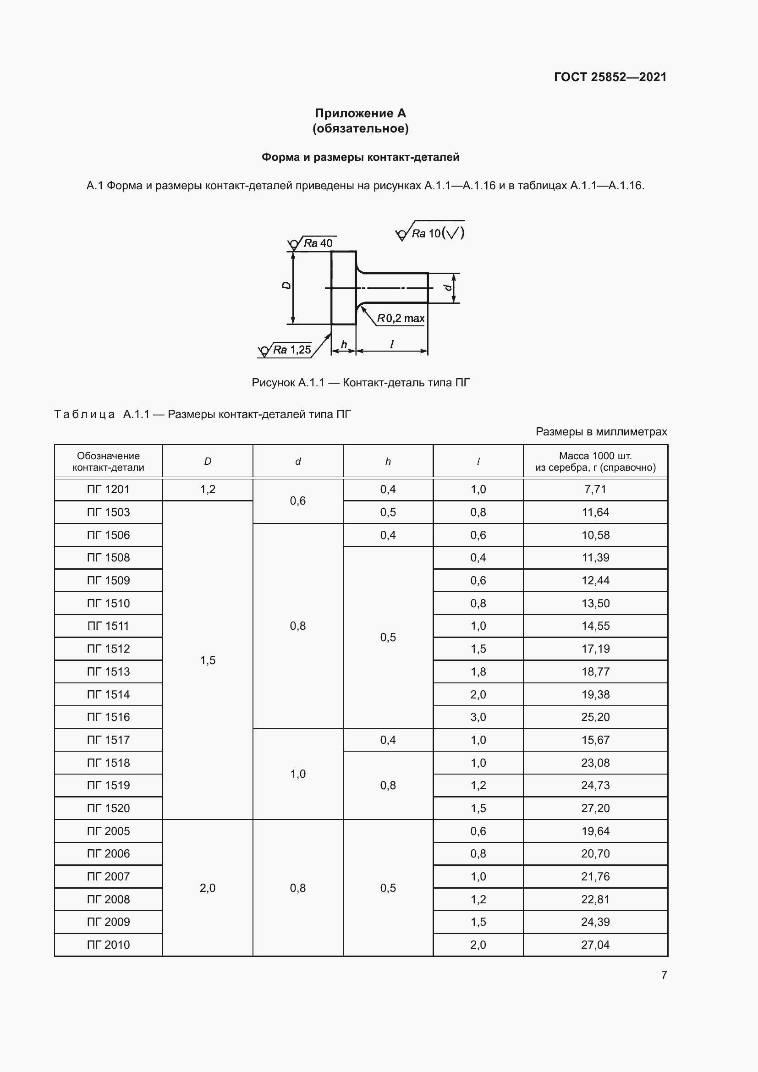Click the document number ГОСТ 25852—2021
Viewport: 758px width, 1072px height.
(x=610, y=77)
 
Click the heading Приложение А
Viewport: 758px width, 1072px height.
(x=360, y=114)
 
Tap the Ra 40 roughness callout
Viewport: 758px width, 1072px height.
(x=318, y=243)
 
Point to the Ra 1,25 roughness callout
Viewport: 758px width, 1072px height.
(x=291, y=350)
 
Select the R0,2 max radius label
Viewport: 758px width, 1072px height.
(x=401, y=319)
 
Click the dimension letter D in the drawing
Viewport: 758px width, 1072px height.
(x=286, y=285)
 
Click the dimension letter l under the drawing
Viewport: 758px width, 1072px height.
(x=391, y=344)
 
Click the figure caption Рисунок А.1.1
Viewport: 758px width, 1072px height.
(x=360, y=383)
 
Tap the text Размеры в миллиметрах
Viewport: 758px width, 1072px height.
(x=601, y=431)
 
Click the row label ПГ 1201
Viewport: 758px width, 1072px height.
(x=108, y=489)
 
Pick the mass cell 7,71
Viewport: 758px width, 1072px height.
(x=595, y=489)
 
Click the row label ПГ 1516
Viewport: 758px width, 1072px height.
(x=108, y=717)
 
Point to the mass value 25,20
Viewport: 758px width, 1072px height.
(x=595, y=717)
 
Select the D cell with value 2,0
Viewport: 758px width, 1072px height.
(x=208, y=888)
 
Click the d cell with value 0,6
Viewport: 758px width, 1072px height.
(x=298, y=500)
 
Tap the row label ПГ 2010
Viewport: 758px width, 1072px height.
(x=108, y=945)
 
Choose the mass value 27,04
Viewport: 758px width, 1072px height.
(x=595, y=945)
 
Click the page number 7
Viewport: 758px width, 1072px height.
(x=664, y=975)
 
